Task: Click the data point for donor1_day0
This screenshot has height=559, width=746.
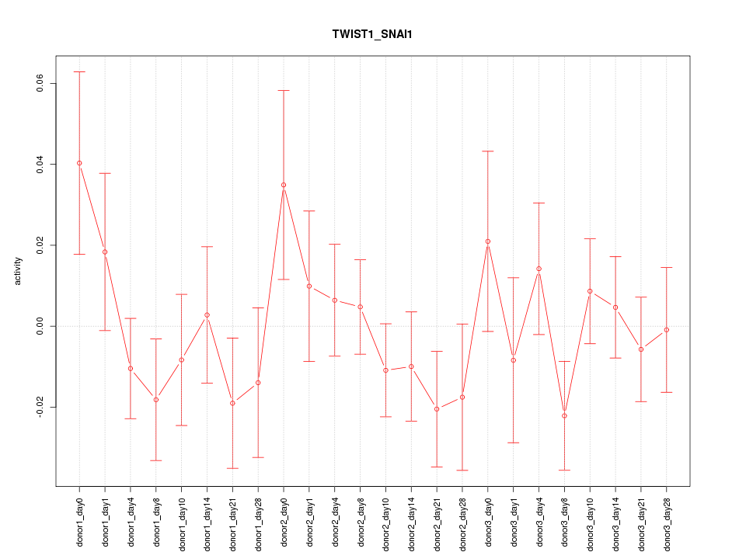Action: [79, 163]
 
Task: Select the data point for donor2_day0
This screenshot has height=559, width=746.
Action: [284, 185]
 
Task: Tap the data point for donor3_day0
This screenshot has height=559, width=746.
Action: [488, 241]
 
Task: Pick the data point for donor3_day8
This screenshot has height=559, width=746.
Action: [564, 415]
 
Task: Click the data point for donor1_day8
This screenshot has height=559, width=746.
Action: [156, 400]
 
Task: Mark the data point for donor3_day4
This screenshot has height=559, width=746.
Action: [539, 269]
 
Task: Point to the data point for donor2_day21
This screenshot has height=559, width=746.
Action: [437, 408]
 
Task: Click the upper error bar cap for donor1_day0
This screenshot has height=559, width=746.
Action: [79, 71]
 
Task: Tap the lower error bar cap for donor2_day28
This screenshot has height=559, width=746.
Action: [462, 470]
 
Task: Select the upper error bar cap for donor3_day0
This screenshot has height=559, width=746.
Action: [488, 151]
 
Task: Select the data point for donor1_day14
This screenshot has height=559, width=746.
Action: [207, 314]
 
